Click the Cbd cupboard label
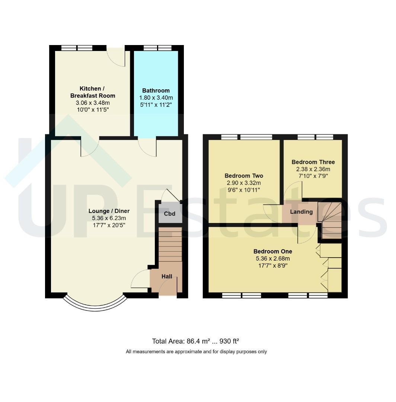click(x=169, y=214)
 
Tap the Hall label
click(x=167, y=276)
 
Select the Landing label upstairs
click(x=301, y=212)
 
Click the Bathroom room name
click(x=156, y=90)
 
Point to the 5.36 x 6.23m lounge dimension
click(x=109, y=218)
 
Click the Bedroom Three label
click(x=313, y=162)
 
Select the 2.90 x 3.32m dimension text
click(x=244, y=183)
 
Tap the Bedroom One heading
click(x=273, y=251)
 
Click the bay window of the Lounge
click(x=95, y=306)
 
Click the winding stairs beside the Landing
click(x=330, y=220)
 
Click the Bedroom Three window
click(x=315, y=137)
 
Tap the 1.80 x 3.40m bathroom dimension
click(x=156, y=98)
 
